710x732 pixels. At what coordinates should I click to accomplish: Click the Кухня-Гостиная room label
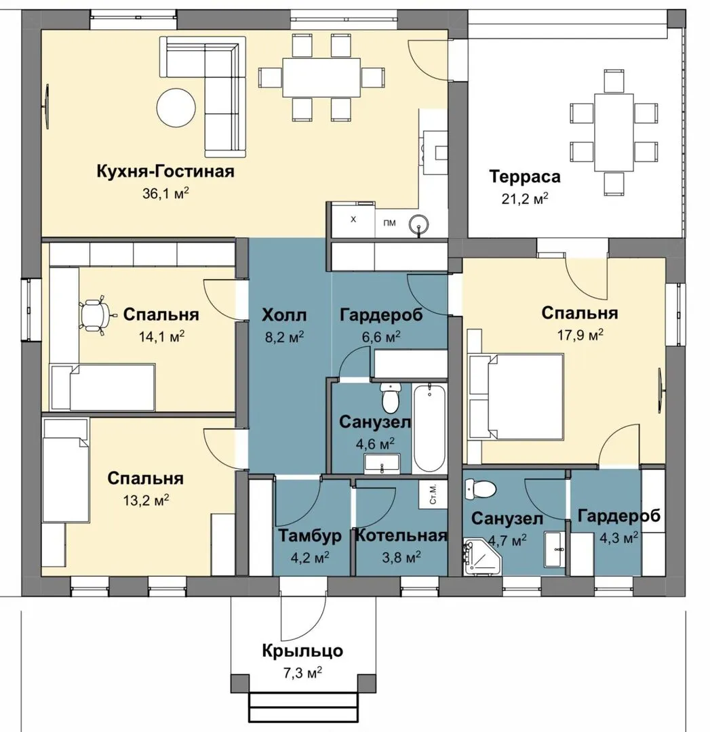click(x=165, y=171)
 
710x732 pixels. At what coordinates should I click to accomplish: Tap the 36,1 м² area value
click(x=165, y=193)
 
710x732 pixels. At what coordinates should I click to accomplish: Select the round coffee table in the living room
click(x=176, y=107)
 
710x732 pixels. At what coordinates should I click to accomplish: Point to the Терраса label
click(x=525, y=176)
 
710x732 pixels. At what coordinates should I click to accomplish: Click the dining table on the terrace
click(x=613, y=132)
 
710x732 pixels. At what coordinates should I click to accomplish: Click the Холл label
click(x=284, y=315)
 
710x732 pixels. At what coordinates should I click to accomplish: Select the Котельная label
click(x=401, y=535)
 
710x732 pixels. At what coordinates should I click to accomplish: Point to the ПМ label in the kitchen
click(x=389, y=223)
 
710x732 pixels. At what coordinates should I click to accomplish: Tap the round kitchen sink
click(x=419, y=225)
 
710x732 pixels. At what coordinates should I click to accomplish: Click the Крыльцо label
click(x=302, y=651)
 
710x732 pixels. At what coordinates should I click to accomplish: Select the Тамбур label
click(x=310, y=536)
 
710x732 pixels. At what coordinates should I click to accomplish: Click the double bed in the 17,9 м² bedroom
click(x=516, y=397)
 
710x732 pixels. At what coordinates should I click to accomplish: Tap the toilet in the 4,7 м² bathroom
click(x=480, y=489)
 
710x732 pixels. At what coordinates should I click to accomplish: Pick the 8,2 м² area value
click(x=284, y=337)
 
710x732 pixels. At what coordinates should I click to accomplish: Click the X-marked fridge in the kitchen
click(x=353, y=220)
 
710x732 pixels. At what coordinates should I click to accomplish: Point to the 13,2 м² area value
click(x=146, y=500)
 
